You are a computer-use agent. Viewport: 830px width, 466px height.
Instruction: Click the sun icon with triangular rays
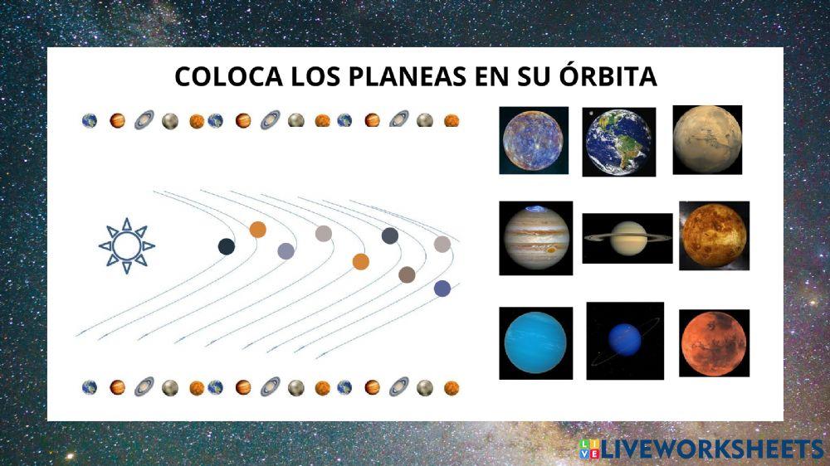pos(126,245)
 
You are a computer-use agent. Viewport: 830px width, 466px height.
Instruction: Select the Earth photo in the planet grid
pos(618,142)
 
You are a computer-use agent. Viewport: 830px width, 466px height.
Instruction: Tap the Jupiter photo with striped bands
pos(535,238)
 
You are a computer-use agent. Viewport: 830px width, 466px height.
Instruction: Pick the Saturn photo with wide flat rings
pos(627,238)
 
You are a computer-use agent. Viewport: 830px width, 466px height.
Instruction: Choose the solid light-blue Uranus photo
pos(535,343)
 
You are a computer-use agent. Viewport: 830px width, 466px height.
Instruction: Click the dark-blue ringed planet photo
pos(625,341)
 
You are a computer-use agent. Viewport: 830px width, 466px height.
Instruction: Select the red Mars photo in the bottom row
pos(714,343)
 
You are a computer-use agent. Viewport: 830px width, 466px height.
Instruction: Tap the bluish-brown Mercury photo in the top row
pos(534,140)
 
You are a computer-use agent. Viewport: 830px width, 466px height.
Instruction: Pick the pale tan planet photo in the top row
pos(706,139)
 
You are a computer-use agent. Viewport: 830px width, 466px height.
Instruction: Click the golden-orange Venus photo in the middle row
pos(714,235)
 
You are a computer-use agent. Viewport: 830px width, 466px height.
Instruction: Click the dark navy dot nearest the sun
pos(226,246)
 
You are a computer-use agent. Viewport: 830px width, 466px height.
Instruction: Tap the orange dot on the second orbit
pos(258,230)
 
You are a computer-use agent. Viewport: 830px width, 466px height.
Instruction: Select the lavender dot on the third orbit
pos(286,251)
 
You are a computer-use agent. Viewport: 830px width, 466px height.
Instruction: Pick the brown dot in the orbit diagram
pos(407,274)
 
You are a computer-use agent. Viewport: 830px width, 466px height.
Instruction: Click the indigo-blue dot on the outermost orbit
pos(442,289)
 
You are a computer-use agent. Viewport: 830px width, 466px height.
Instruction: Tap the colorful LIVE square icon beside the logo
pos(590,449)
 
